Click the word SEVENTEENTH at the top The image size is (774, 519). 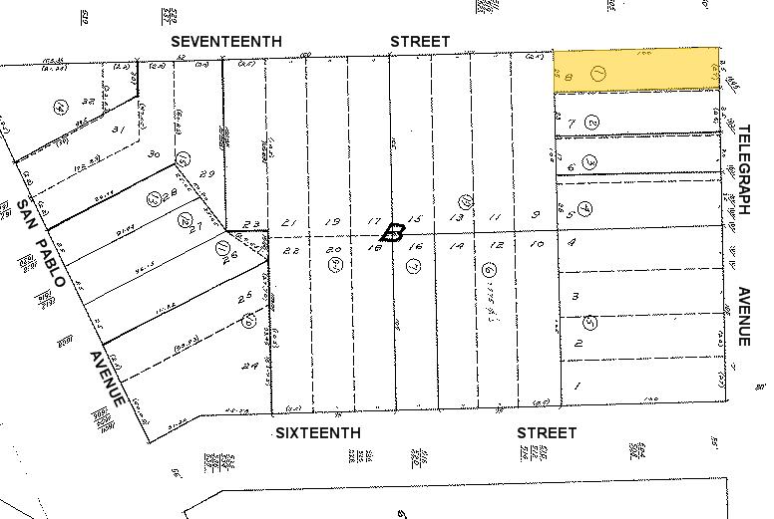(225, 41)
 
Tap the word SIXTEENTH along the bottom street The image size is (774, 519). (317, 433)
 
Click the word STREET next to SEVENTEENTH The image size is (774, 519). (419, 41)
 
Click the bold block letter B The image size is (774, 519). (394, 234)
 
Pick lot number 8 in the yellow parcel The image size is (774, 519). (568, 77)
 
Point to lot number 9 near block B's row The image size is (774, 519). (535, 215)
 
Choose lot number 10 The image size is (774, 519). (537, 244)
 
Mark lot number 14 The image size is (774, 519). (457, 245)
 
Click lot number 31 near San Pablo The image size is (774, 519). (118, 130)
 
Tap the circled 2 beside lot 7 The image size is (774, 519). (591, 123)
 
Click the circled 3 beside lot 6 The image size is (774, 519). (590, 161)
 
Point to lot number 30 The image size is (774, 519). (154, 154)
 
